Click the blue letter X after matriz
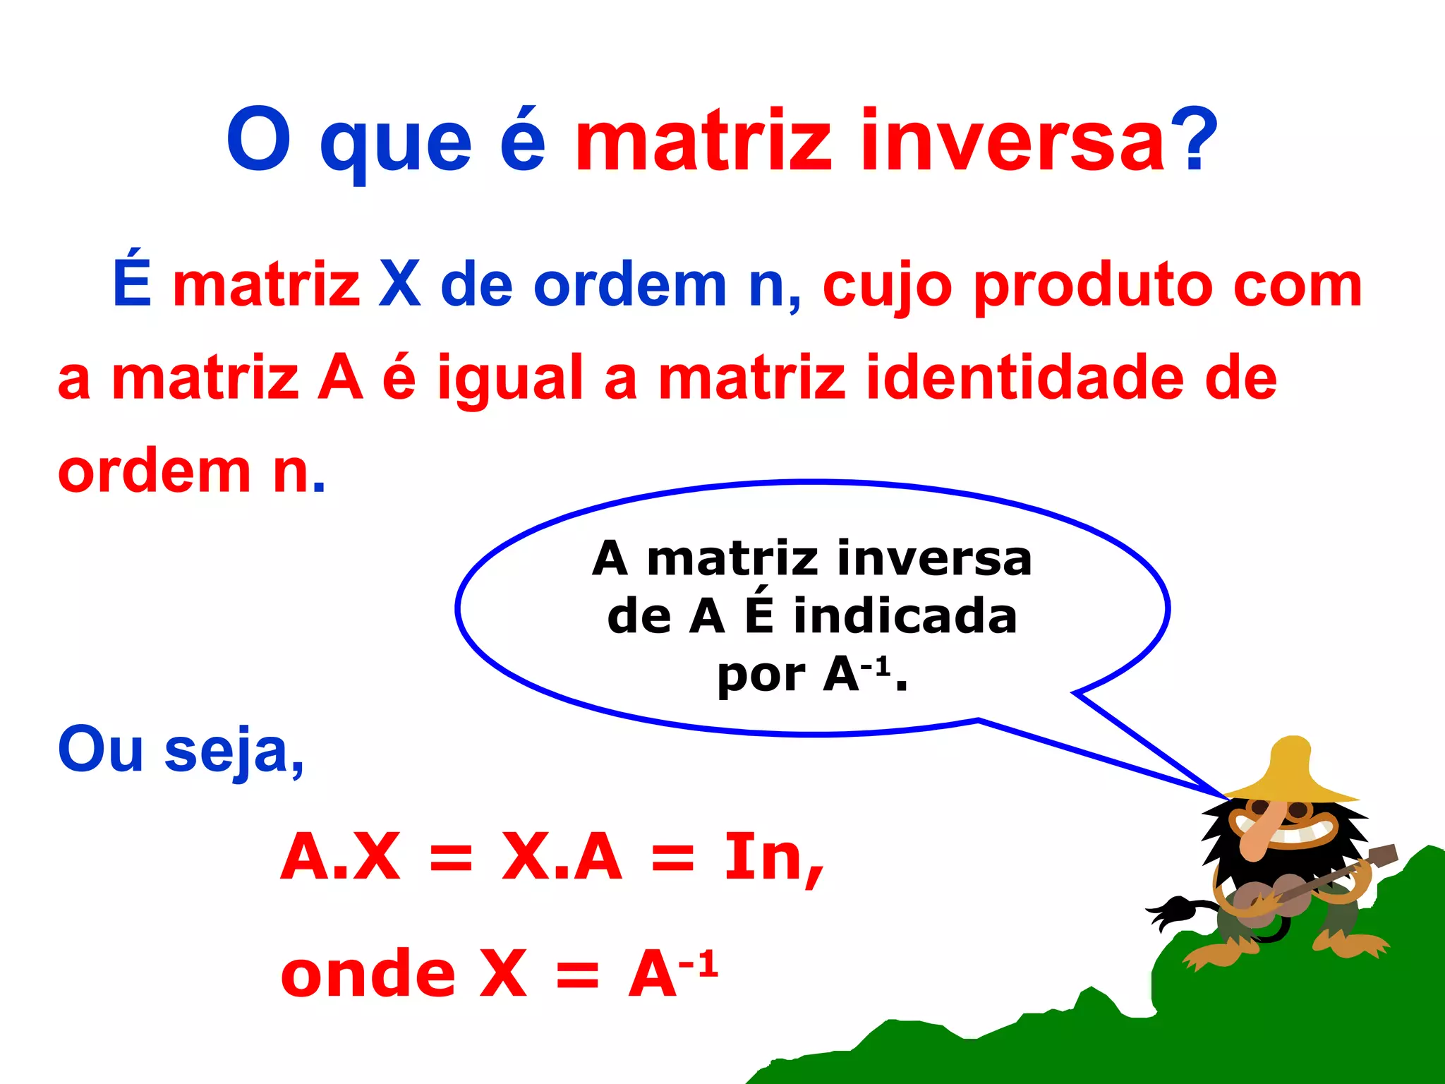[x=399, y=284]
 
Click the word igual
[x=510, y=380]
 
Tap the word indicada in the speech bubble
[x=905, y=616]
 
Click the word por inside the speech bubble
[x=761, y=676]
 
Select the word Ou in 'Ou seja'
[x=101, y=749]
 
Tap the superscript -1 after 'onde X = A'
[x=699, y=963]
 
